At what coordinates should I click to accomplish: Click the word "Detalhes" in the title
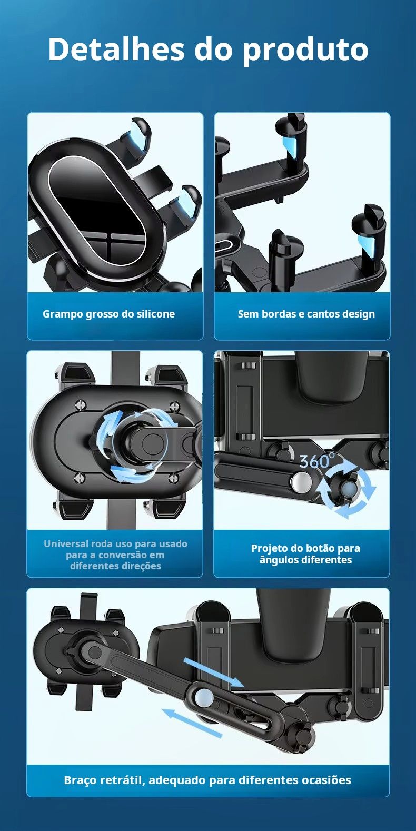pos(116,50)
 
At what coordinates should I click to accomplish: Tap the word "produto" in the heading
pos(305,51)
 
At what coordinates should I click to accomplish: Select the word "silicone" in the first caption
pos(156,314)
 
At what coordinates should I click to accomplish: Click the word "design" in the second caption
pos(358,314)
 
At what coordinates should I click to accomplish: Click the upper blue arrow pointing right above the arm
pos(214,672)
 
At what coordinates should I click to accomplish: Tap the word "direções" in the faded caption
pos(142,566)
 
